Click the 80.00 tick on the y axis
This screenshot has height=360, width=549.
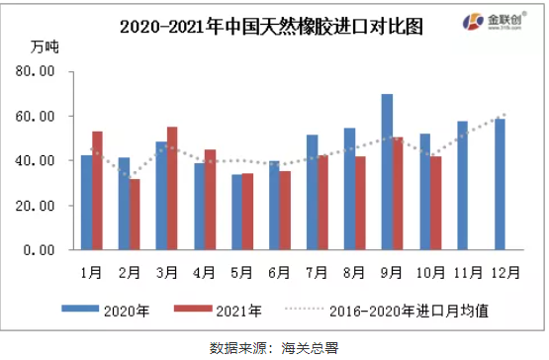click(41, 72)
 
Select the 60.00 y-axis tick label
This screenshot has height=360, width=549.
click(41, 117)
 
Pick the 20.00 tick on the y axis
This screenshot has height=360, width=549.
click(41, 206)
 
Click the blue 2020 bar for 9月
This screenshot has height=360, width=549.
click(387, 172)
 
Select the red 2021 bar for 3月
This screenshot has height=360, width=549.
click(172, 188)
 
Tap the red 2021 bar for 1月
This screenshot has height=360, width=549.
click(97, 190)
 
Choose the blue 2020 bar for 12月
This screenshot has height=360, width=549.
click(500, 184)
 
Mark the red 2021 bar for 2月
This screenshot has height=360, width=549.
click(135, 214)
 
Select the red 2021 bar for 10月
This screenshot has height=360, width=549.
click(436, 203)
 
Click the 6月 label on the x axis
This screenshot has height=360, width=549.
click(279, 269)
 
